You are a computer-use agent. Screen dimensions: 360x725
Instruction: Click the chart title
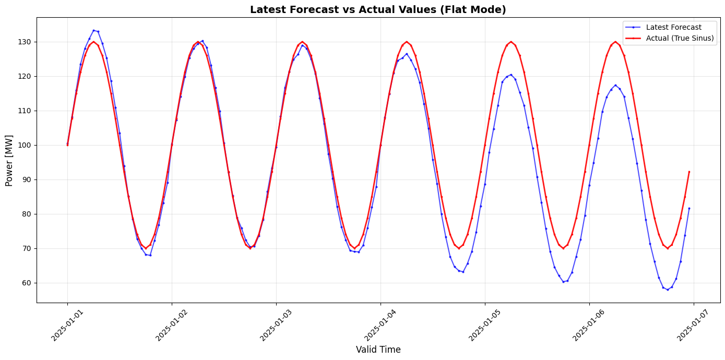[x=378, y=9]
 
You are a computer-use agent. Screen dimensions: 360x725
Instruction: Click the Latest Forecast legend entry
[x=673, y=27]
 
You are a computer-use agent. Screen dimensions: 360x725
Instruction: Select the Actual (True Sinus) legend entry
[x=680, y=39]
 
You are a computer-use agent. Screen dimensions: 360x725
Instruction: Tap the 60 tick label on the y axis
[x=27, y=283]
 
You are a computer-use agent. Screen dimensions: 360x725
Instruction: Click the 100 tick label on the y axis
[x=25, y=145]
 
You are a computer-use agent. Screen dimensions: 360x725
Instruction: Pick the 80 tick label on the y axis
[x=27, y=214]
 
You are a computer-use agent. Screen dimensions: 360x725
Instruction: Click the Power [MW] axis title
[x=9, y=160]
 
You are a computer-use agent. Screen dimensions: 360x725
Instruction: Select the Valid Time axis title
[x=378, y=350]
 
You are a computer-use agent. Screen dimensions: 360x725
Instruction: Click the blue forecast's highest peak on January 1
[x=93, y=30]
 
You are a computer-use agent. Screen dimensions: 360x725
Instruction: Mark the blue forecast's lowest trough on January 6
[x=667, y=290]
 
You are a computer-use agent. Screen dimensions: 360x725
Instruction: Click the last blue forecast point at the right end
[x=689, y=208]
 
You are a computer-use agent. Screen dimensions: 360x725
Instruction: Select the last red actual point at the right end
[x=689, y=172]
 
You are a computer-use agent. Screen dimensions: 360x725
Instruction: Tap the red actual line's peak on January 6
[x=615, y=42]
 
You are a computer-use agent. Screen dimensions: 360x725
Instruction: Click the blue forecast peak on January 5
[x=511, y=75]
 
